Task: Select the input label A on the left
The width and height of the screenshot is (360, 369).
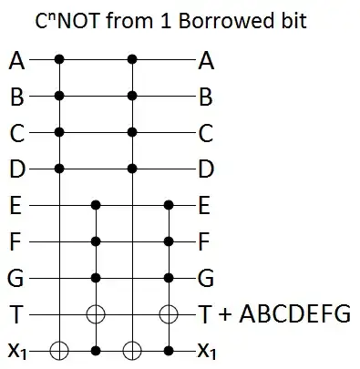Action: coord(15,61)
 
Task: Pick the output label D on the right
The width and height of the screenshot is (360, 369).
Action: coord(205,169)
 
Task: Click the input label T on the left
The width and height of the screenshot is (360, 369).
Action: coord(15,314)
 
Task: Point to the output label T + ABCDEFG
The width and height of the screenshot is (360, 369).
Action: coord(273,314)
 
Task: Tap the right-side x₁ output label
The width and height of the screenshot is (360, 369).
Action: coord(206,351)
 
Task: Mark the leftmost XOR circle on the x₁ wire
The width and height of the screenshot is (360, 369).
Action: coord(60,350)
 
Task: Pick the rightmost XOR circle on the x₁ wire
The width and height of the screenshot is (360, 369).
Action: coord(133,350)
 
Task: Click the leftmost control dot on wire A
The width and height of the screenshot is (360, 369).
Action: coord(60,60)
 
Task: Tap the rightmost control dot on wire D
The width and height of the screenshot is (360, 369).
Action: coord(133,169)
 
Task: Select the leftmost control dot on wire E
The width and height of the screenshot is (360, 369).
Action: coord(97,205)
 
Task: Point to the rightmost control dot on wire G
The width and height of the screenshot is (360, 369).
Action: coord(169,278)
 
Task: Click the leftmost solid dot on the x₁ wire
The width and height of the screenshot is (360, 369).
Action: coord(97,350)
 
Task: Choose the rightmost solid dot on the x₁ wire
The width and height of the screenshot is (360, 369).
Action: coord(169,350)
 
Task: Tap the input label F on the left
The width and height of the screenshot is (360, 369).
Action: coord(15,241)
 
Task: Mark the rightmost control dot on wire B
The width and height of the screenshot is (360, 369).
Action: coord(133,96)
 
